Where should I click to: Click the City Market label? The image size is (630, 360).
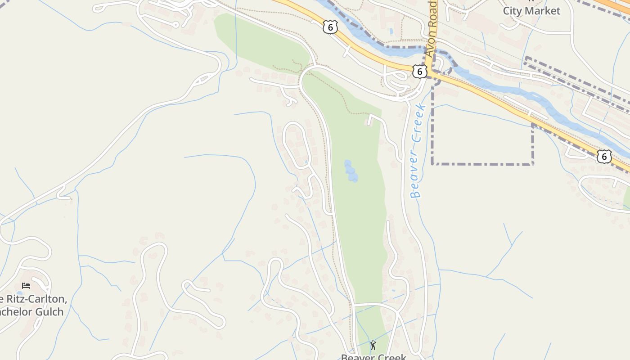[531, 11]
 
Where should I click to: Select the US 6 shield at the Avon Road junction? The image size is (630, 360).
[419, 71]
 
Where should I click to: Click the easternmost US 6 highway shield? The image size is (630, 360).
[604, 157]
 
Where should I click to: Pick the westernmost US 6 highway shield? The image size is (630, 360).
[330, 27]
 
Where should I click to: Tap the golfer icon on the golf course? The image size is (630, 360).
[373, 345]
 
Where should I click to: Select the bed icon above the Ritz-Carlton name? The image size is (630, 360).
[26, 285]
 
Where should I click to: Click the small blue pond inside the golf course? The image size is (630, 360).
[351, 171]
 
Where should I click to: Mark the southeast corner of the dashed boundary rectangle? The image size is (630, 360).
[533, 164]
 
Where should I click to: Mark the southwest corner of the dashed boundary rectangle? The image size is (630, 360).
[432, 164]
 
